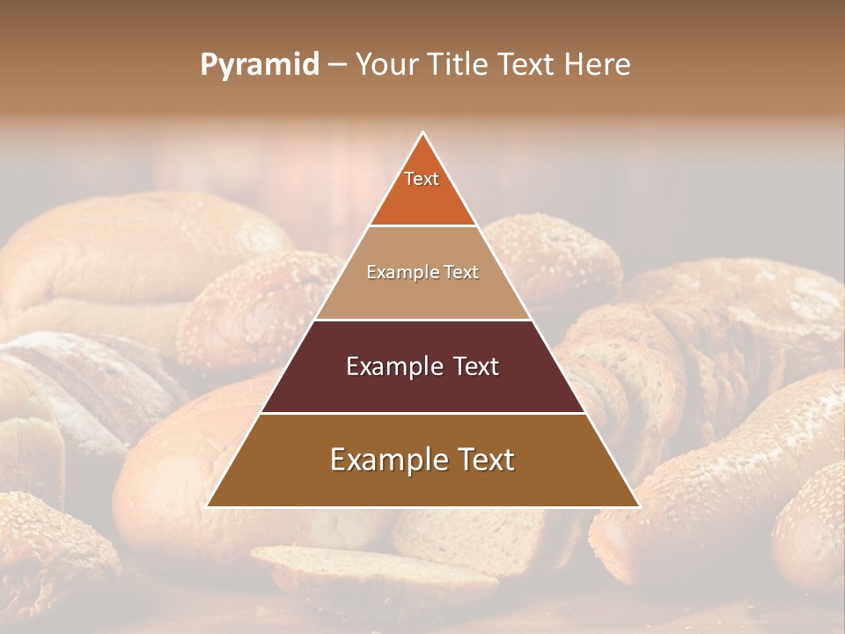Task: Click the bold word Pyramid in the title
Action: (x=260, y=65)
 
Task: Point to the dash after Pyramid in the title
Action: (x=338, y=65)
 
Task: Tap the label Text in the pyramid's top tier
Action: (x=422, y=179)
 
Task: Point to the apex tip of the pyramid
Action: (x=423, y=133)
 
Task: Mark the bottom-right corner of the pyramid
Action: (x=639, y=506)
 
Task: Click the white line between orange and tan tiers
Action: (x=422, y=225)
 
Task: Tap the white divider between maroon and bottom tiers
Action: (x=422, y=413)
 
